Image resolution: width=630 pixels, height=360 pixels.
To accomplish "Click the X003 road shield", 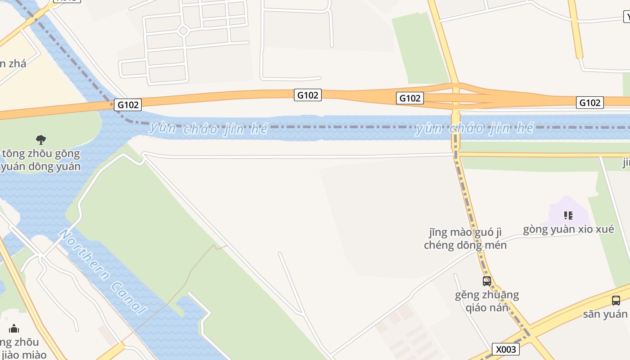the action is coord(505,349).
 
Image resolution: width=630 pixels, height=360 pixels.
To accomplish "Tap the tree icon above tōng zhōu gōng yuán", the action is coord(41,139).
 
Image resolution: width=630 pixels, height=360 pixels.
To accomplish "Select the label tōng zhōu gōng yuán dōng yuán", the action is coord(41,160).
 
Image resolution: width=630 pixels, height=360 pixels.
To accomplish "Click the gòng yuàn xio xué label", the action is coord(568,229).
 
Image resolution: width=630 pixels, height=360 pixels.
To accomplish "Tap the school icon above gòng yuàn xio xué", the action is coord(568,216).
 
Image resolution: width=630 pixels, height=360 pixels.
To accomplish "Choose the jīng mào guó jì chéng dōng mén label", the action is coord(465,239).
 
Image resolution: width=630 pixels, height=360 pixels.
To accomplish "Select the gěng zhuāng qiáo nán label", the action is coord(487,301).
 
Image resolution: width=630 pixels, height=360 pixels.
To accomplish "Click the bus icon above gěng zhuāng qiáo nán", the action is coord(487,281).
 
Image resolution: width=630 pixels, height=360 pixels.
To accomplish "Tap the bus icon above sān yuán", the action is coord(616,300).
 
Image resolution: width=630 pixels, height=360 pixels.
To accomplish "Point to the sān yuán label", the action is coord(605,314).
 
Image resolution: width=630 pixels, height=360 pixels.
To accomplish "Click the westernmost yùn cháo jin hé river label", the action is coord(208,129).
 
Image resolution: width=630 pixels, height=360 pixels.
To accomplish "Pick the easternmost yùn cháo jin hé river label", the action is coord(474,129).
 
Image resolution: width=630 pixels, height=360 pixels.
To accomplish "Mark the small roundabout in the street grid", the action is coord(183,31).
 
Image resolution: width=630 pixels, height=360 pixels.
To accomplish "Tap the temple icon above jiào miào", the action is coord(14,328).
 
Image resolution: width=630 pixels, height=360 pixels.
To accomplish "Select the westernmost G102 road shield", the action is coord(128,105).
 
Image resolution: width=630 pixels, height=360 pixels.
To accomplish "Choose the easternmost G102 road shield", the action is coord(589,103).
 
